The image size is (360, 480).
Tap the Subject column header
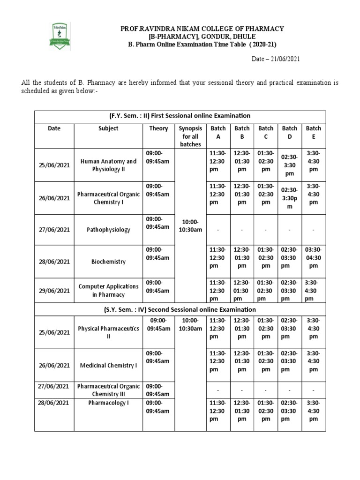click(108, 128)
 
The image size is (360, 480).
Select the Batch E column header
click(314, 132)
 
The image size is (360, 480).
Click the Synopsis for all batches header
click(190, 136)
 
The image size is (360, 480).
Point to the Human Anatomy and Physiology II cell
click(108, 165)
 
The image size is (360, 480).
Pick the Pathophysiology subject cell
click(108, 230)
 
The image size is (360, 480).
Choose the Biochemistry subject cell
click(108, 262)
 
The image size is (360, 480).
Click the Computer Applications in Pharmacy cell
click(108, 290)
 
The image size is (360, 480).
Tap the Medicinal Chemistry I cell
click(108, 365)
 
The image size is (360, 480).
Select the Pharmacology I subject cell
click(108, 403)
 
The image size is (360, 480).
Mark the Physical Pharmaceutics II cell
click(108, 332)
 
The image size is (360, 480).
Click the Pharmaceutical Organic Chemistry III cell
click(108, 390)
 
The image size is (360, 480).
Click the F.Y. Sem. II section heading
click(180, 115)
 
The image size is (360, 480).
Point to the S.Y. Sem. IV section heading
click(180, 309)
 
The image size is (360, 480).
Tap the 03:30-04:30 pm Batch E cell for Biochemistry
click(314, 257)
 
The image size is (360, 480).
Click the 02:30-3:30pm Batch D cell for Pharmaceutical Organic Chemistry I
click(290, 198)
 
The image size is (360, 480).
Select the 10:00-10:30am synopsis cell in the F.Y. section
click(190, 225)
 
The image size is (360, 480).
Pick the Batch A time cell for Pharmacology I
click(218, 411)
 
